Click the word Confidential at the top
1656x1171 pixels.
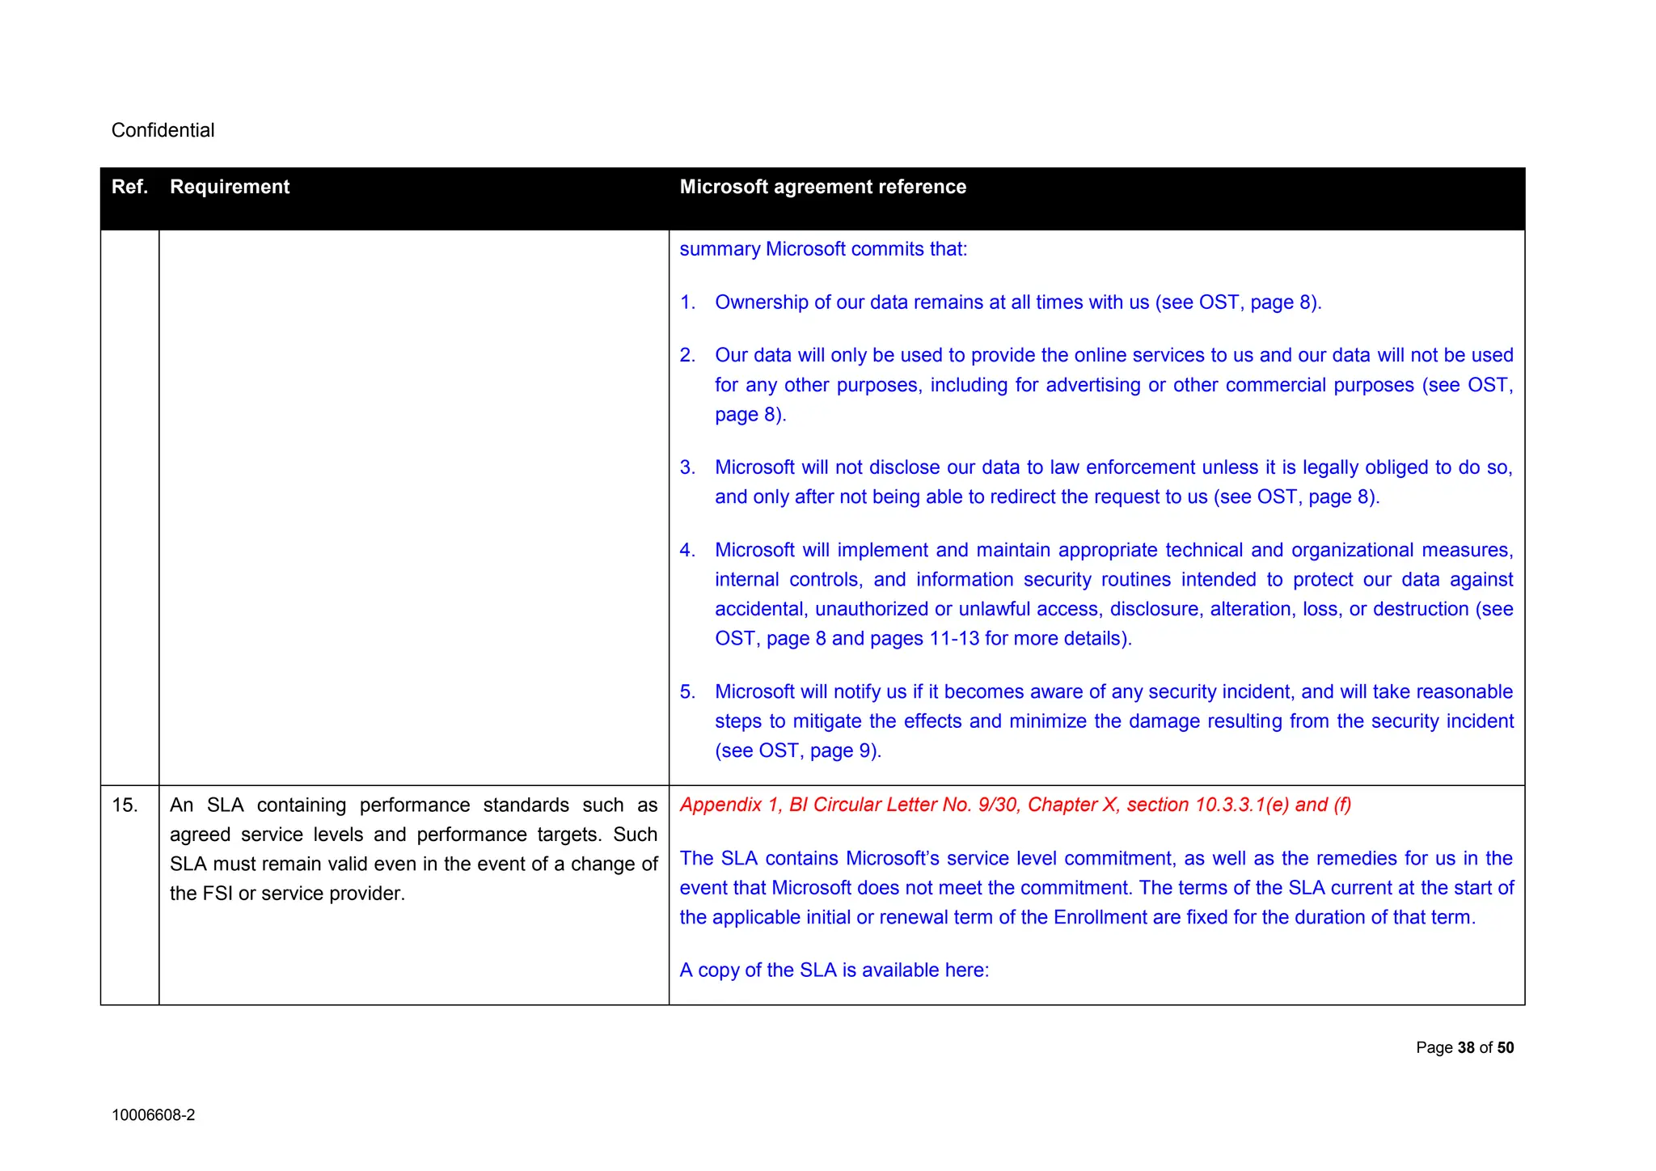click(163, 130)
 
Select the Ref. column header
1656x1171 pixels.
click(129, 187)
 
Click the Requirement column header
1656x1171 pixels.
click(230, 187)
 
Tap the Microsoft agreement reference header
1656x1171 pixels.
click(822, 187)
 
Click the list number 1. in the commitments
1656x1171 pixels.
click(687, 302)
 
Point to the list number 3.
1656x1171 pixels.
click(687, 467)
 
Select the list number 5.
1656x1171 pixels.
click(687, 692)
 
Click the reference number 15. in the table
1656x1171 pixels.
click(125, 805)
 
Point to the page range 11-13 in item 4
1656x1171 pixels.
click(954, 639)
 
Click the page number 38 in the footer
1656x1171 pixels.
click(1466, 1048)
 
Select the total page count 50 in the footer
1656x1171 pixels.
click(1505, 1048)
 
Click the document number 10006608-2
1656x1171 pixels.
click(153, 1115)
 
